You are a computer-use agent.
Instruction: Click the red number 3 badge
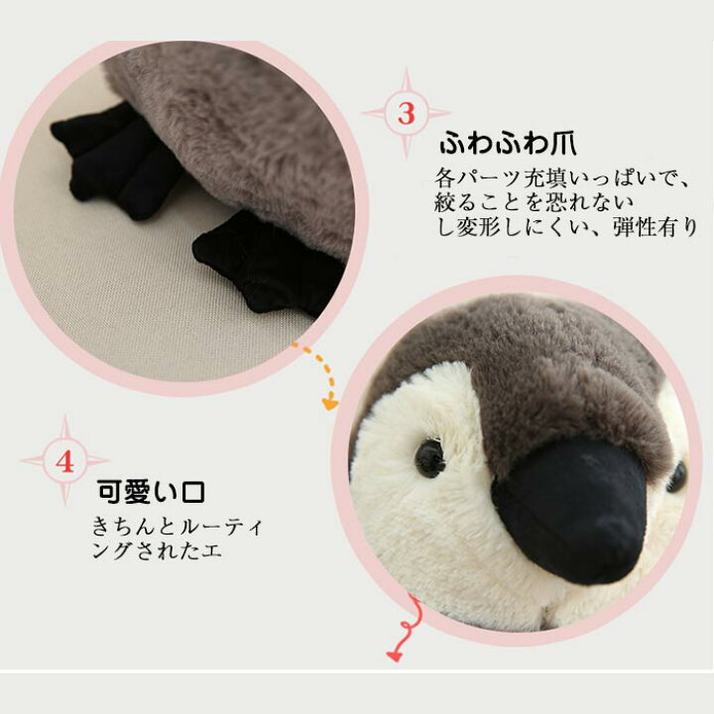[x=407, y=113]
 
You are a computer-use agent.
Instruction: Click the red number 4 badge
[x=65, y=461]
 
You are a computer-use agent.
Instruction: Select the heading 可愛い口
[x=151, y=492]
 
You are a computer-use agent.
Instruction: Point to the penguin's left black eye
[x=429, y=457]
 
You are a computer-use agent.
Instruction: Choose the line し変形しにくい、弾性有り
[x=566, y=228]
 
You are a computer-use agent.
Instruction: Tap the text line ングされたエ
[x=158, y=550]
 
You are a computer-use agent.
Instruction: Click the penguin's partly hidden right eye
[x=677, y=477]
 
